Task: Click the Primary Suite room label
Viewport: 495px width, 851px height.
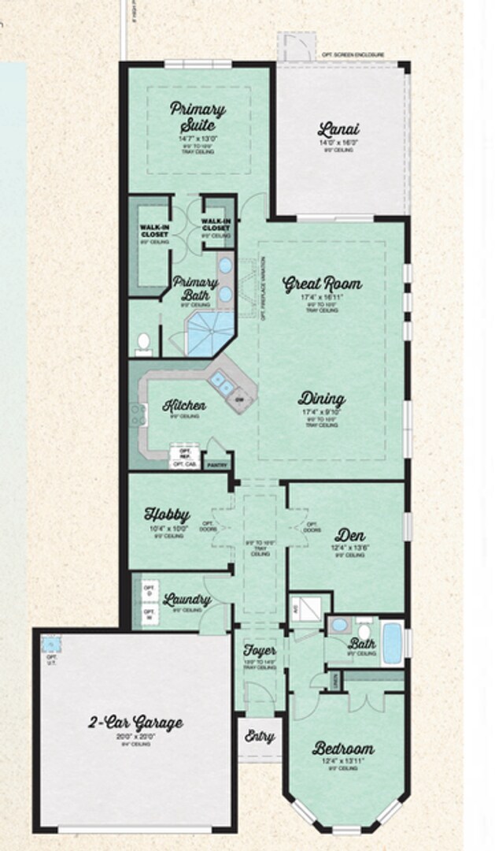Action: [x=198, y=117]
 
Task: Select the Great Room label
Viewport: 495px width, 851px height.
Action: [x=322, y=283]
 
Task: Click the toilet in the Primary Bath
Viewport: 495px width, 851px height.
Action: [x=143, y=341]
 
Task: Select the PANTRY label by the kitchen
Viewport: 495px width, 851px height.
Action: [x=216, y=465]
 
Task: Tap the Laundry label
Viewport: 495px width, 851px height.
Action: [x=187, y=600]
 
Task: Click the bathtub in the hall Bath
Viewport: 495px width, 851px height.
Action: [x=391, y=644]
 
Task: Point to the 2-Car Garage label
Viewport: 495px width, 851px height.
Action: [x=135, y=723]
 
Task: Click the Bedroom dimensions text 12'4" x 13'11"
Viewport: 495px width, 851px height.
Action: [x=343, y=761]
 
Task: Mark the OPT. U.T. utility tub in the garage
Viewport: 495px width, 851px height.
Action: [x=52, y=645]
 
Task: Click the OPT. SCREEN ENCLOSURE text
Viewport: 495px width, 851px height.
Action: [x=353, y=55]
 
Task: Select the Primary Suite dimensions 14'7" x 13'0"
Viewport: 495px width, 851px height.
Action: [x=197, y=139]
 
